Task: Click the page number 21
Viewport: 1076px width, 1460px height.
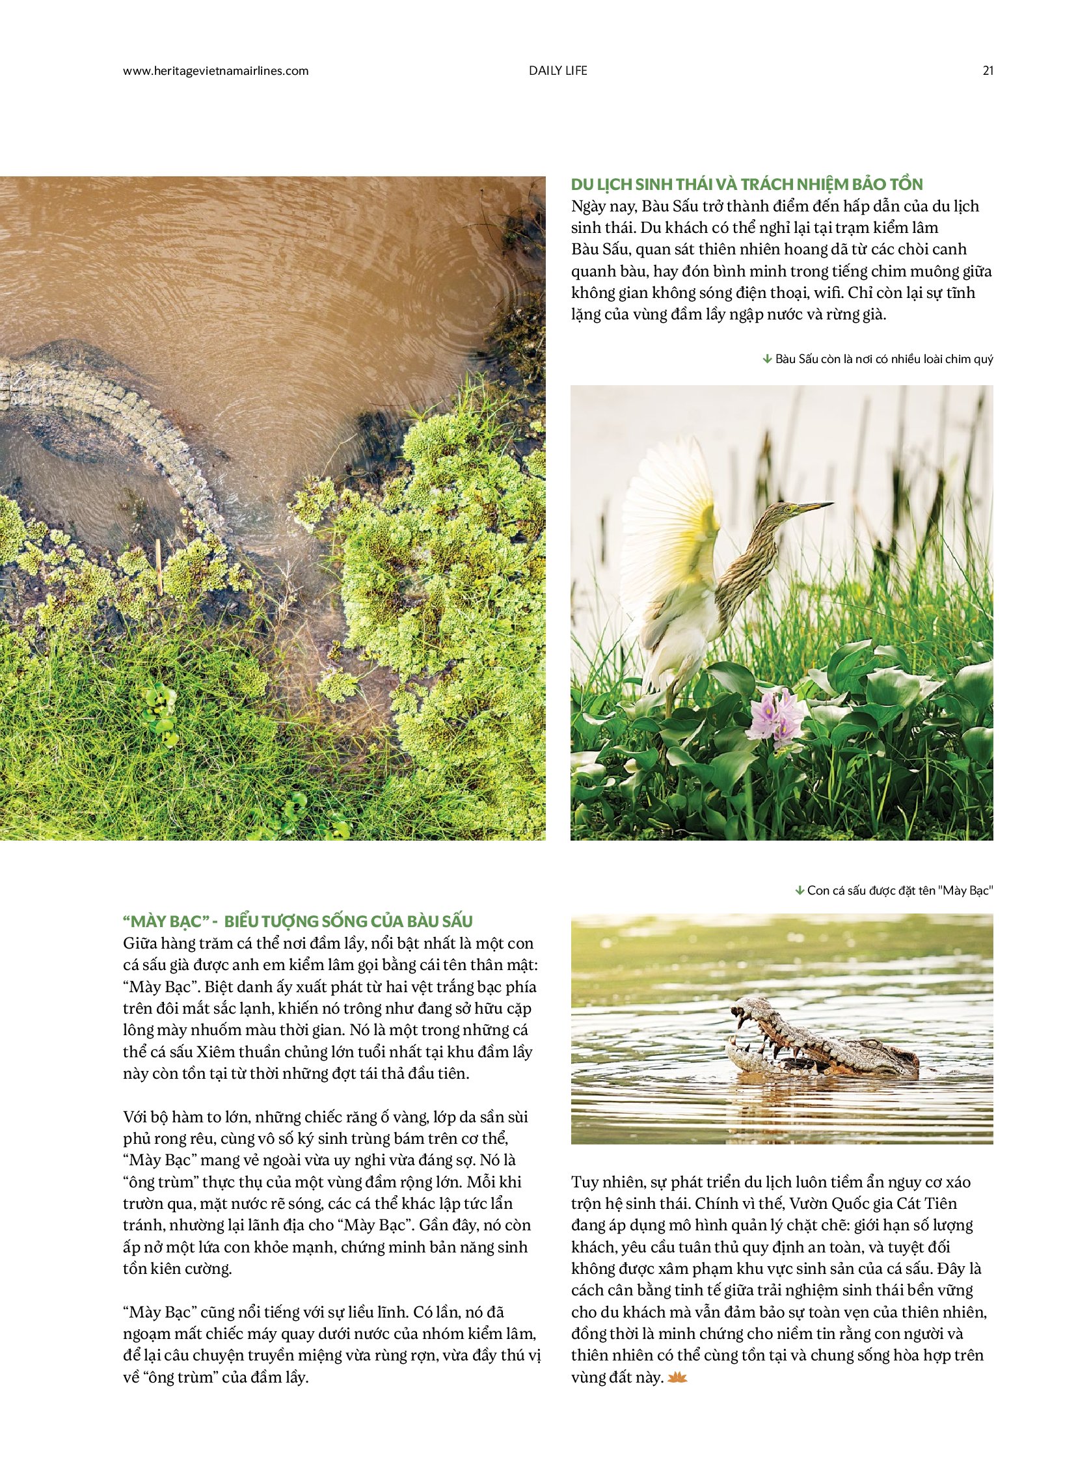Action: coord(988,71)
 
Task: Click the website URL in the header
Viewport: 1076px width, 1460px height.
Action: coord(215,71)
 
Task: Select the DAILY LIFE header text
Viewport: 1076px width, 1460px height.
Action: coord(558,71)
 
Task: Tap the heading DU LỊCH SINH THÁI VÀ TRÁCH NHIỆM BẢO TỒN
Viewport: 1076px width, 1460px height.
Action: coord(746,184)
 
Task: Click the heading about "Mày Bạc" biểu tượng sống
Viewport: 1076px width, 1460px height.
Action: coord(297,921)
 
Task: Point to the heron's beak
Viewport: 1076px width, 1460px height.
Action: coord(814,506)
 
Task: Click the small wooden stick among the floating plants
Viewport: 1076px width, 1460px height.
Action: coord(158,566)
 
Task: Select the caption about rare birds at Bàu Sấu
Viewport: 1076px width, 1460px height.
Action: coord(884,359)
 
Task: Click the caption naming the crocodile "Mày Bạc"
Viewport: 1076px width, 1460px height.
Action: coord(900,891)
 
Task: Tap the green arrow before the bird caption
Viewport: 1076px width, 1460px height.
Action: coord(766,359)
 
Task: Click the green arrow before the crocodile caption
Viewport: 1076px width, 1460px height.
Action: coord(799,891)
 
